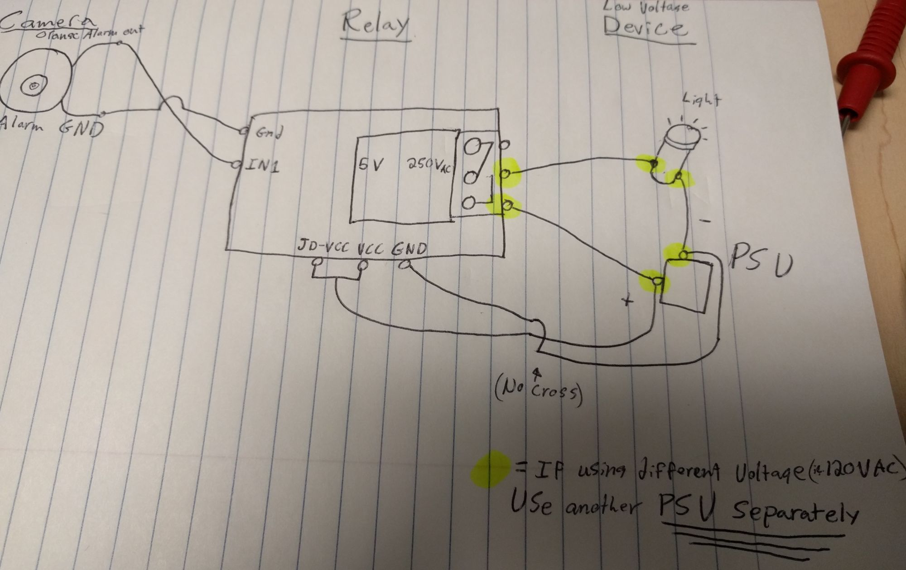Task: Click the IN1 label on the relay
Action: [262, 166]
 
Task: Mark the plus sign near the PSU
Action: [627, 301]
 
